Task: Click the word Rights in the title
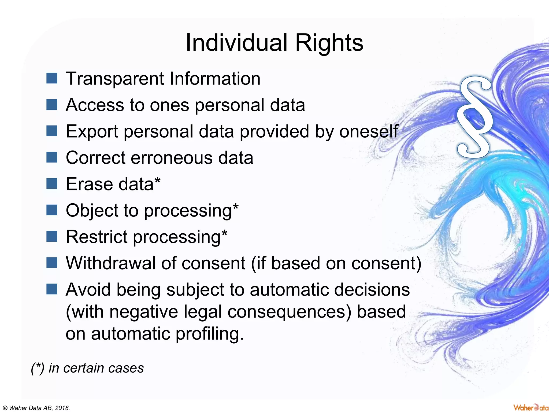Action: click(329, 43)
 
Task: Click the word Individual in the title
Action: click(236, 43)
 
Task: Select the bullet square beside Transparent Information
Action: click(52, 78)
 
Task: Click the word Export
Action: click(92, 131)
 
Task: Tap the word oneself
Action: click(369, 131)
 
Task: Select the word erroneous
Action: click(172, 158)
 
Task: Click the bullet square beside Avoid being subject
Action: click(52, 289)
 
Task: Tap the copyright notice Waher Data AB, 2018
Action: click(36, 408)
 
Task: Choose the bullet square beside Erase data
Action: click(52, 184)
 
